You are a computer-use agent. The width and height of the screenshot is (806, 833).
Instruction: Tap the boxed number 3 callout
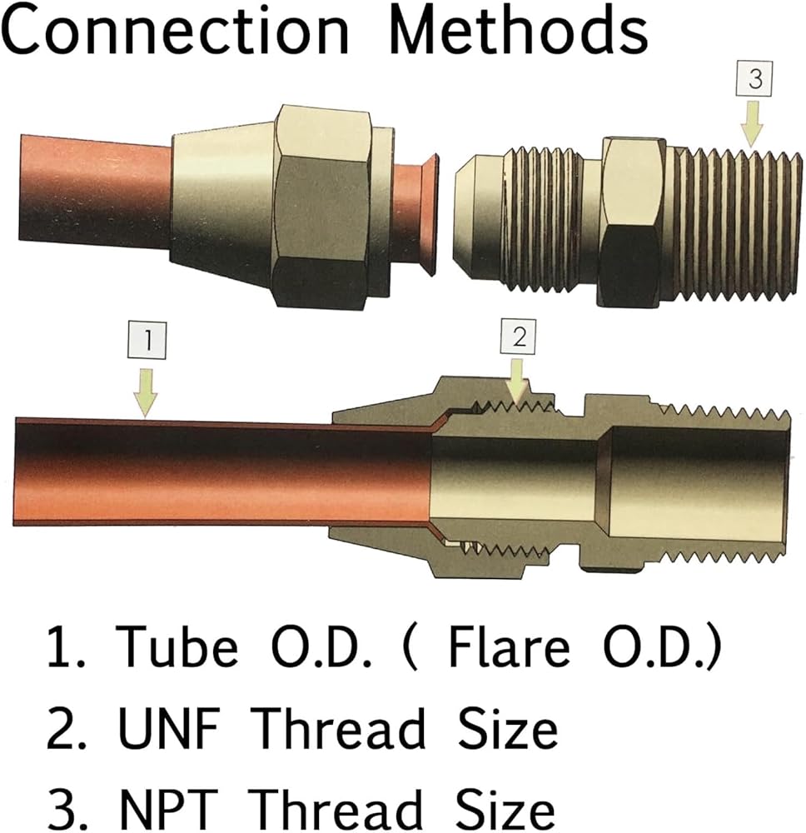[754, 78]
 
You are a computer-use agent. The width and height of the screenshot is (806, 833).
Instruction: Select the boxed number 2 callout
[518, 337]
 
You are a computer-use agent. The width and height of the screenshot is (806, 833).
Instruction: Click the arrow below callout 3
[752, 124]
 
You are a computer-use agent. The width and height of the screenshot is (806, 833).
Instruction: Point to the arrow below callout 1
[146, 392]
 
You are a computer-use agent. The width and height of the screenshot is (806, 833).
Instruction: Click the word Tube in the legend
[177, 647]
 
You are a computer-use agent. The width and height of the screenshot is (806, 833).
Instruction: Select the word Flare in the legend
[510, 647]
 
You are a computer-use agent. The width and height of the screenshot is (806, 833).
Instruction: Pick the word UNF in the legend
[169, 728]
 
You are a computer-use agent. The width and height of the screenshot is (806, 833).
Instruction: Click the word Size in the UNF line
[508, 728]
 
